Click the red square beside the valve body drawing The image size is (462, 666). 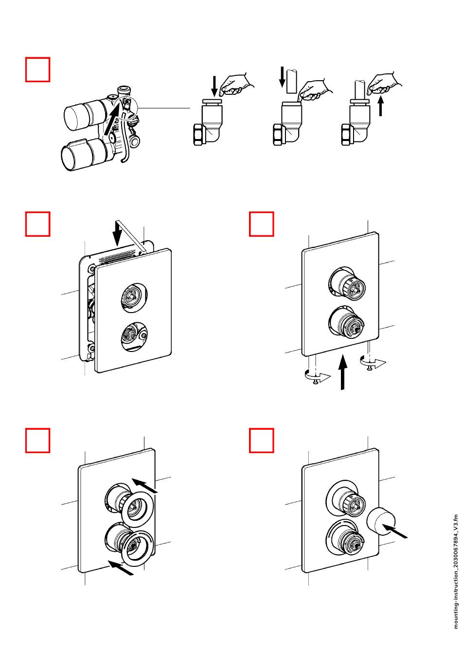tap(37, 70)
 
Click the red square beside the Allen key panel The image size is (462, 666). tap(37, 224)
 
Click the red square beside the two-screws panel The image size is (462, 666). tap(261, 224)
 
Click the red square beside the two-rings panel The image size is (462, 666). tap(37, 440)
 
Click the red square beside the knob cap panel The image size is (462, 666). tap(261, 440)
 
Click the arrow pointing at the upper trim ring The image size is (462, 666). tap(145, 485)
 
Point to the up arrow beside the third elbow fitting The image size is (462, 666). tap(381, 105)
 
